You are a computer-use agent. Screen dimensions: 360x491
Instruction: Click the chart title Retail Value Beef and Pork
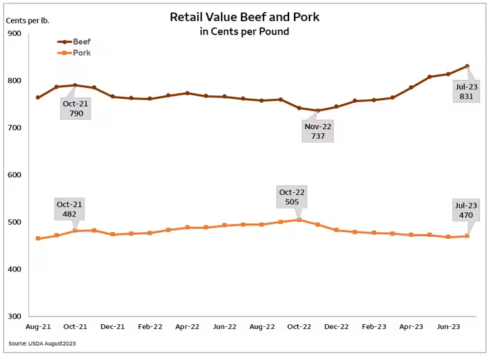point(244,16)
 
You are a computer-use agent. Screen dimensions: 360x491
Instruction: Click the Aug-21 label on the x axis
point(38,326)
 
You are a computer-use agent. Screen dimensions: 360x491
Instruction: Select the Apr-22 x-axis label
point(187,326)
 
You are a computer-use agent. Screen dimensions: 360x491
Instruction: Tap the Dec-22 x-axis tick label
point(336,326)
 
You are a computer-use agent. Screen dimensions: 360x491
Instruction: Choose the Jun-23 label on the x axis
point(448,326)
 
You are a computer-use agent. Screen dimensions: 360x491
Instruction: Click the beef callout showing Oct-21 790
point(76,108)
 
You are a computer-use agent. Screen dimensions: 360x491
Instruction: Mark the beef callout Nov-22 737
point(318,131)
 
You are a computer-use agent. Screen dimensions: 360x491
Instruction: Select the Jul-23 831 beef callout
point(466,91)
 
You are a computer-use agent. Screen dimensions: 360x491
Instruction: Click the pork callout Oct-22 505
point(292,198)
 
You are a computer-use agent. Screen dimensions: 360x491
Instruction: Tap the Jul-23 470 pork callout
point(467,210)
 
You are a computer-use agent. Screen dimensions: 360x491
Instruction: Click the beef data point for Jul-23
point(467,66)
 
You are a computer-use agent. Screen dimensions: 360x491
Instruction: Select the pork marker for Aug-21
point(38,238)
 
